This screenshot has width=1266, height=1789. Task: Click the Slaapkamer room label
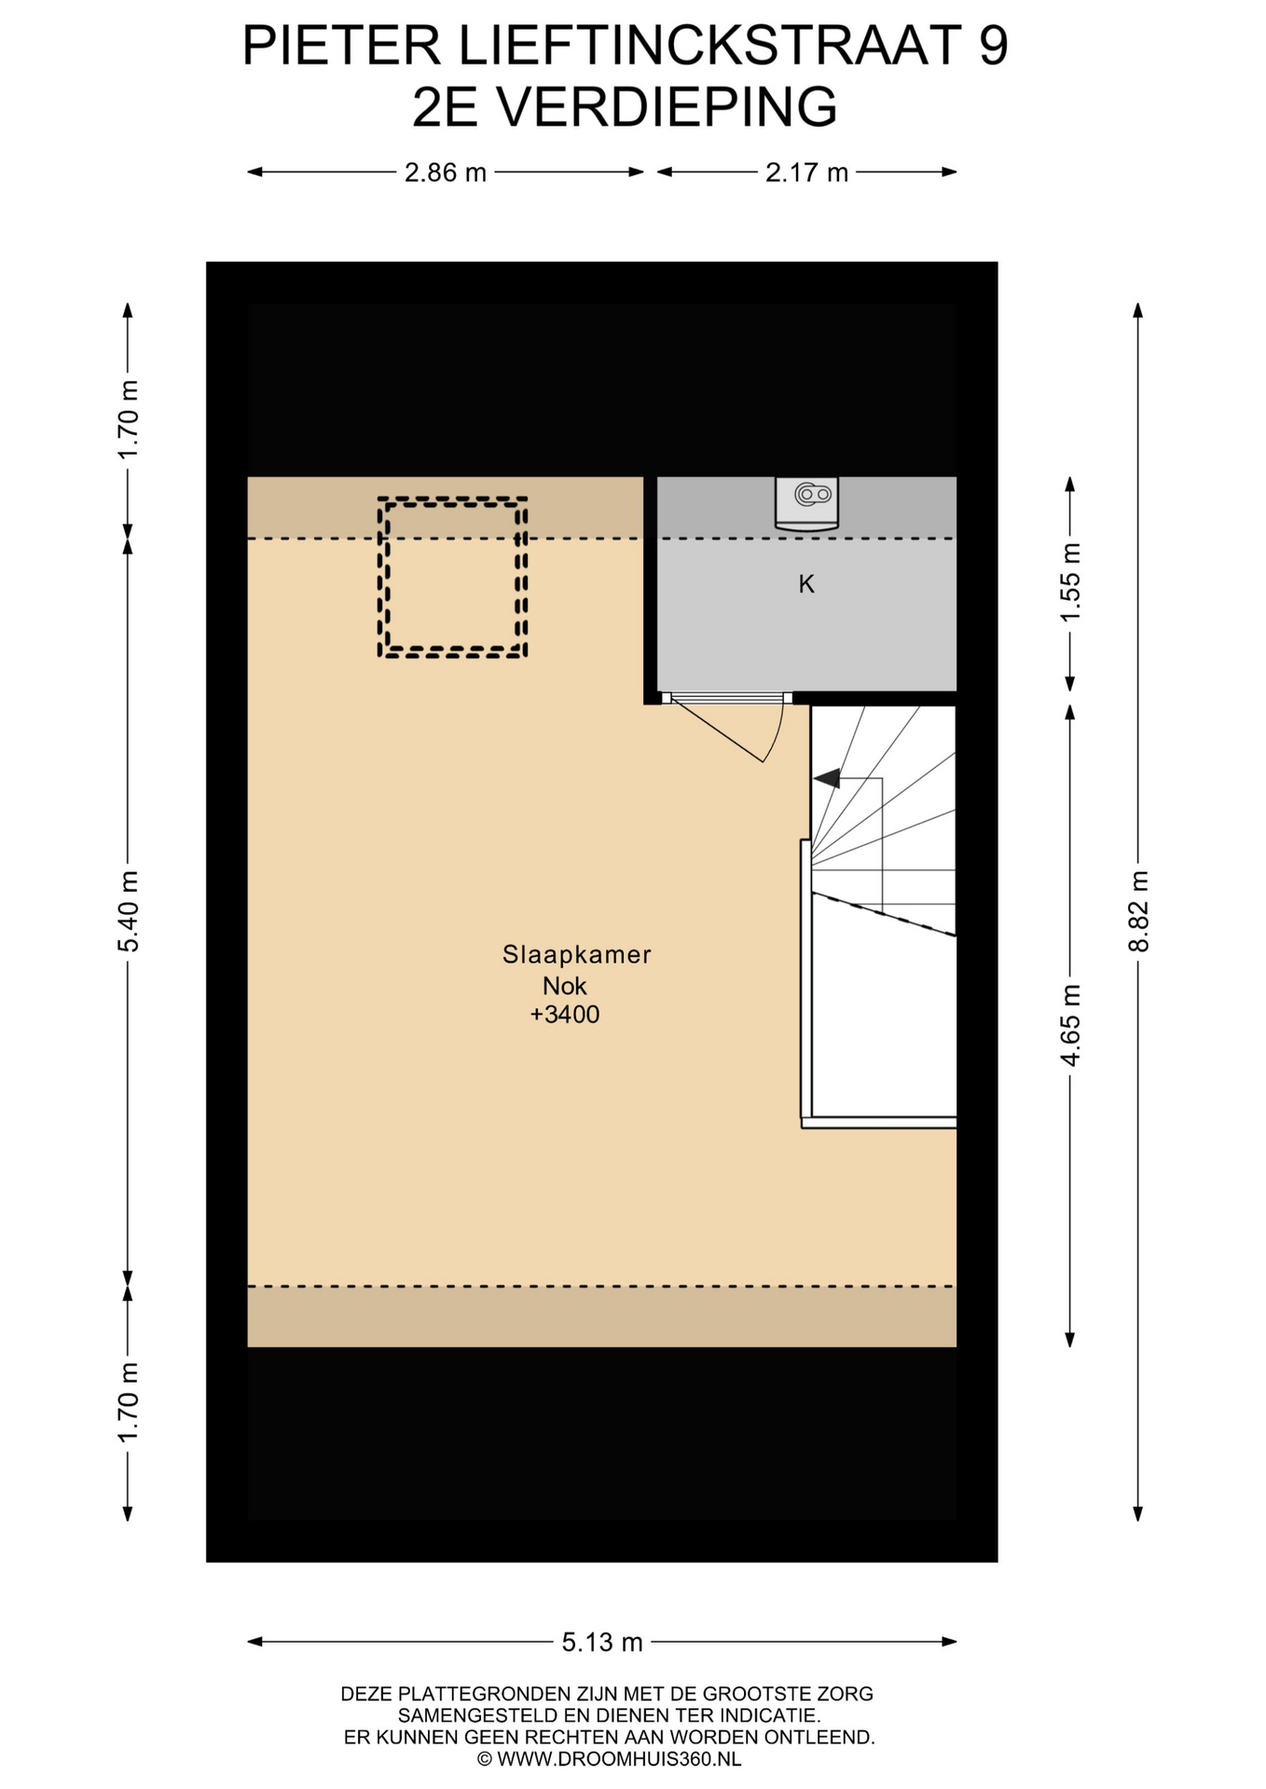576,954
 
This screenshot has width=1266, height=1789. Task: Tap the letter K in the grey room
806,584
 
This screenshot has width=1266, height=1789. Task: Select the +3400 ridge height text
565,1015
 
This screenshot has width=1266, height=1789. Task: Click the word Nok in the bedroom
565,985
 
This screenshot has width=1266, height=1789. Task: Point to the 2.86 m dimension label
446,172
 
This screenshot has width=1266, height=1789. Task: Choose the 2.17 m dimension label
806,172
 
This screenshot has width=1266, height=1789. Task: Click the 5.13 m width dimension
602,1642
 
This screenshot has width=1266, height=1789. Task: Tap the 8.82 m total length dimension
1138,911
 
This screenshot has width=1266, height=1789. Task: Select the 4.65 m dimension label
1070,1025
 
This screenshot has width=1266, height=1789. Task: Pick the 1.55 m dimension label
1070,583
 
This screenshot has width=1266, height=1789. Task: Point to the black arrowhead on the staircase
827,778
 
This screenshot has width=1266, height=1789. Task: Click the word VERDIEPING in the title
667,107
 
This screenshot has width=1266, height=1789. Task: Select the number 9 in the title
994,45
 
